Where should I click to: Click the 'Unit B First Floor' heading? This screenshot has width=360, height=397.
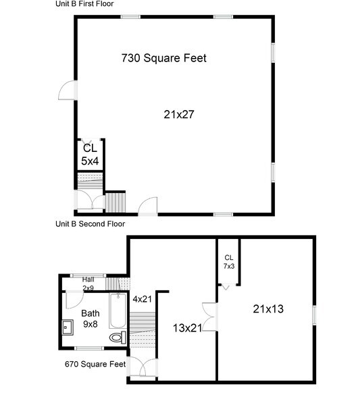pos(84,3)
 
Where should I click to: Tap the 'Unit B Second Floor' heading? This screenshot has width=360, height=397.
pos(90,223)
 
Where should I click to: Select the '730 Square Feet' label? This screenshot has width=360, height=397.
pos(163,58)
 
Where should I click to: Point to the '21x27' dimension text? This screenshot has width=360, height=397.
pos(179,114)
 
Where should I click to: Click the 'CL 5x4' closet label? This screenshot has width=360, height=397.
pos(90,155)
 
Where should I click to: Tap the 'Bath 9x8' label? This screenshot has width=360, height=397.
pos(90,319)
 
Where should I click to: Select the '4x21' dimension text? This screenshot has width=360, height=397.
pos(143,298)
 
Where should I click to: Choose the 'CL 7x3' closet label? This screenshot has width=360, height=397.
pos(229,261)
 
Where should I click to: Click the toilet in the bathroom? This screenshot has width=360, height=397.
pos(117,336)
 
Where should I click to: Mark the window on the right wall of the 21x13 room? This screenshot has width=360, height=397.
pos(313,316)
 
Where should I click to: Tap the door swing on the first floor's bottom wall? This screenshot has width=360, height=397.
pos(148,205)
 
